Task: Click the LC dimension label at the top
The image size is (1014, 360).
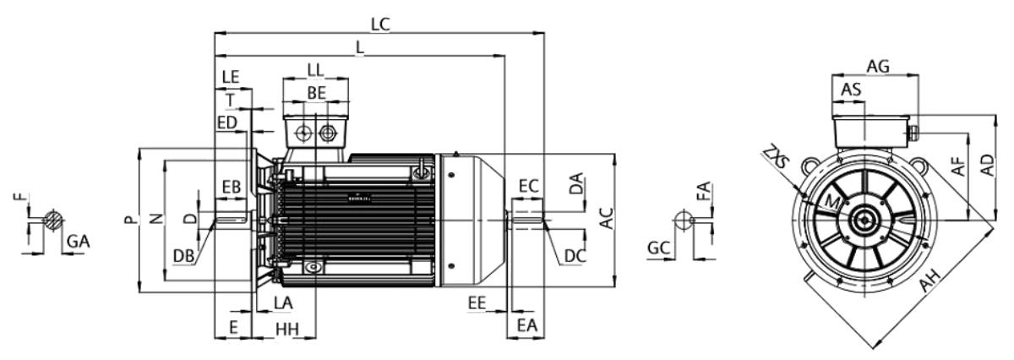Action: pos(380,25)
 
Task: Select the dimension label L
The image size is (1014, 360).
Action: pos(360,47)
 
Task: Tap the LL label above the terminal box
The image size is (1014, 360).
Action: pos(315,70)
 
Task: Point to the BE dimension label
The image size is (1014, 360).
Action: pos(316,93)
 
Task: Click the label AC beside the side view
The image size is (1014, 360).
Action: pos(606,218)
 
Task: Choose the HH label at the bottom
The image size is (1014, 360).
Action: pos(287,330)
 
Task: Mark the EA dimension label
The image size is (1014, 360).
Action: pos(527,325)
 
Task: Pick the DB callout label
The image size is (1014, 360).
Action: pos(184,256)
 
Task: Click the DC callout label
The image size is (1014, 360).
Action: pos(575,256)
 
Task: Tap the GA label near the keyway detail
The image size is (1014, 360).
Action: pos(79,242)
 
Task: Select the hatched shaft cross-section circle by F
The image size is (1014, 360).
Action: pos(53,220)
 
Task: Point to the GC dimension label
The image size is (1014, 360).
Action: pos(658,248)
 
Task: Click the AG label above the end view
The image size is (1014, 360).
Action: pos(878,67)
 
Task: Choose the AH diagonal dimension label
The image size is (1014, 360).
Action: pos(930,281)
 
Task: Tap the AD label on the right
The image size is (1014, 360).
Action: pos(987,166)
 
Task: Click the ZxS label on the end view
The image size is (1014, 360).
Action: pos(776,156)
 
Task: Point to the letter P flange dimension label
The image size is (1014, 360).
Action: pos(130,220)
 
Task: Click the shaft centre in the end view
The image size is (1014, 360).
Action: pos(864,221)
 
